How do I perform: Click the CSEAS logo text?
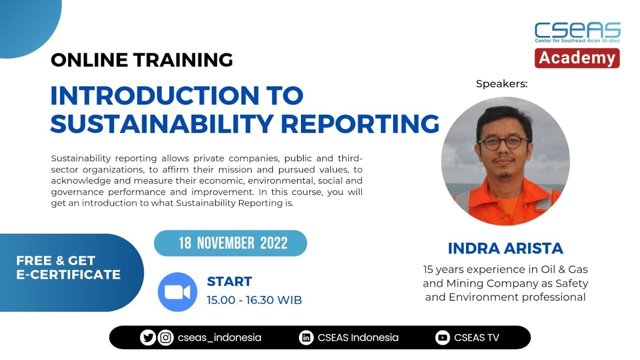click(x=577, y=29)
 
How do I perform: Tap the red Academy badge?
click(x=577, y=58)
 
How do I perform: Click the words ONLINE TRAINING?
click(x=141, y=60)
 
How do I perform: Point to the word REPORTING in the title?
click(x=366, y=123)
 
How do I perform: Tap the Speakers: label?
click(x=501, y=84)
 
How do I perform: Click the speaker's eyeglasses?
click(x=503, y=143)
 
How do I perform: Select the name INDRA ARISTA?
click(x=505, y=248)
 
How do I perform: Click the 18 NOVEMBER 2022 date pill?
click(x=230, y=243)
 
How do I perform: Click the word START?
click(x=229, y=281)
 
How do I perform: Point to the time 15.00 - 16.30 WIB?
click(x=254, y=300)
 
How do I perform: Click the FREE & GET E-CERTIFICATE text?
click(x=68, y=267)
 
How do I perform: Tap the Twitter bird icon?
click(x=148, y=338)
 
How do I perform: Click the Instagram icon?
click(x=165, y=338)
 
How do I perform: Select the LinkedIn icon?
click(x=305, y=338)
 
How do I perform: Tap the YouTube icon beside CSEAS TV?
click(x=442, y=338)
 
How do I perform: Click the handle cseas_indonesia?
click(x=219, y=338)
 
